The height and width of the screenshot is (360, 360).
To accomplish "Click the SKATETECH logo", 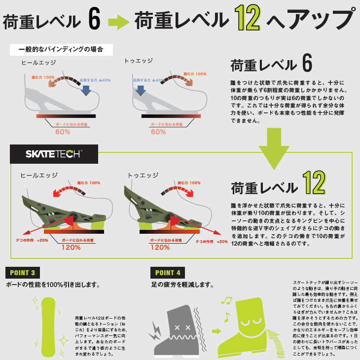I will point(54,154).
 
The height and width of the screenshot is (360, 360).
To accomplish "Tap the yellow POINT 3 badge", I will point(22,273).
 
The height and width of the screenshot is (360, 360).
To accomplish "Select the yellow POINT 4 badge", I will point(168,273).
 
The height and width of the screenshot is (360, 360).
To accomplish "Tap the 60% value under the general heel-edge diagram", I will point(62,132).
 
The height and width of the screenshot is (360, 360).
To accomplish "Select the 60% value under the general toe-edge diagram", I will point(158,132).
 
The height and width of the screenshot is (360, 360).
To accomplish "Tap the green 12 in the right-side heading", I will point(314,182).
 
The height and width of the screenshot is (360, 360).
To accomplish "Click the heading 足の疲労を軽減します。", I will point(182,285).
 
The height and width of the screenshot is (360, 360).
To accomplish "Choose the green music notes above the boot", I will point(227,306).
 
